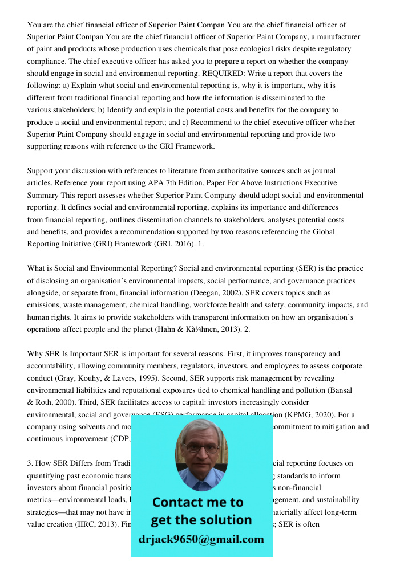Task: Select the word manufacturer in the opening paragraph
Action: pos(336,37)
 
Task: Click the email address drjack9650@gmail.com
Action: pos(201,539)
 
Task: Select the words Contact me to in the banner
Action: pos(198,502)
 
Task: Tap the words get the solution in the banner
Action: pos(201,520)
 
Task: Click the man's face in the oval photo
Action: pos(201,450)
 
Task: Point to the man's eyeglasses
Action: pos(201,447)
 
